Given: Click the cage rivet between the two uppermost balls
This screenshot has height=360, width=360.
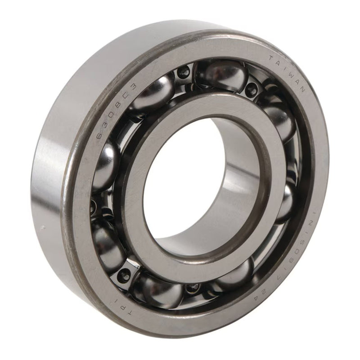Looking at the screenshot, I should click(x=184, y=72).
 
